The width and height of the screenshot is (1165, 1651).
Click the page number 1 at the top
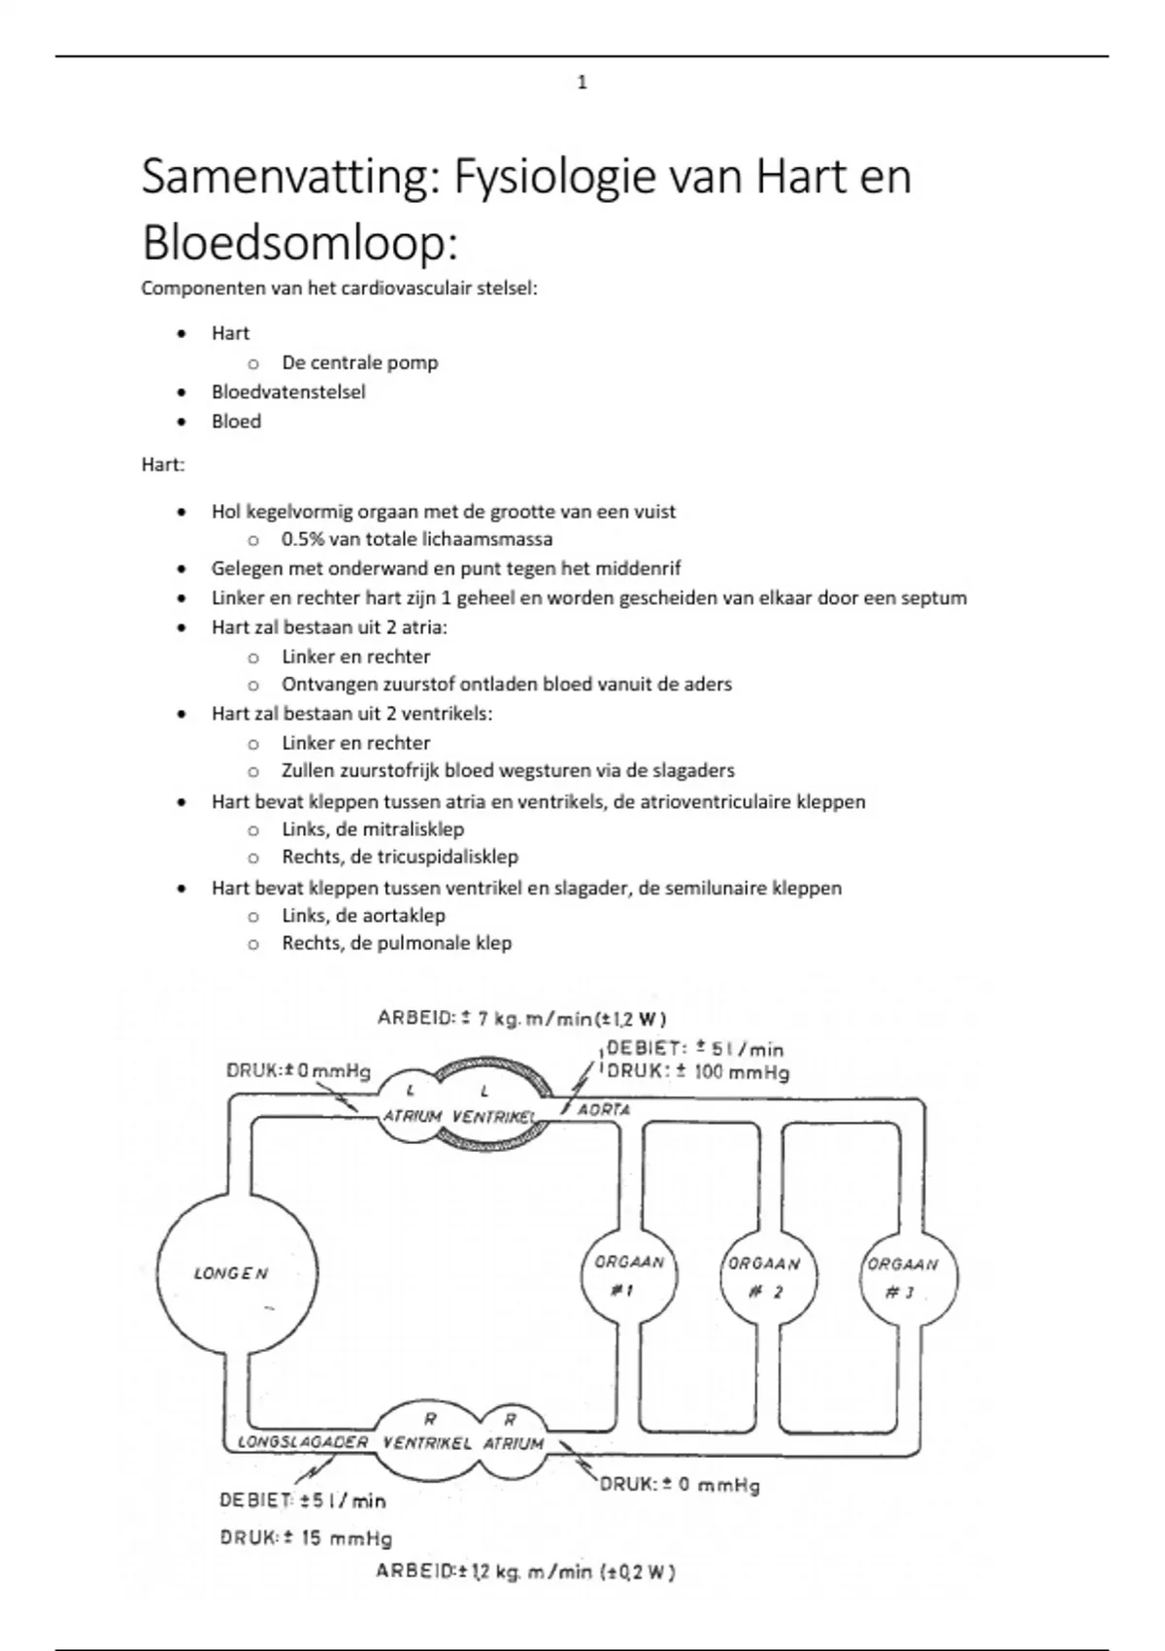point(582,83)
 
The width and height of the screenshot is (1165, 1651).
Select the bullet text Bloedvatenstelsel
point(288,392)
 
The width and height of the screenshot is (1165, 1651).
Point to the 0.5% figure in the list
point(303,539)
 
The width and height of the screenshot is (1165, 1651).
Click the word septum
point(934,598)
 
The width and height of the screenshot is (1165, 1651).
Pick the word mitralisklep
point(413,829)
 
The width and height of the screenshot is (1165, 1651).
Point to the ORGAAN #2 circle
point(764,1277)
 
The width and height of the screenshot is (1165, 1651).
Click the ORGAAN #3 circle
point(903,1278)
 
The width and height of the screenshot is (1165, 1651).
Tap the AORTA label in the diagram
point(604,1109)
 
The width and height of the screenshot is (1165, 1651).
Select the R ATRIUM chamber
point(513,1434)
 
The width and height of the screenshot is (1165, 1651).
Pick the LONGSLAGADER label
point(303,1442)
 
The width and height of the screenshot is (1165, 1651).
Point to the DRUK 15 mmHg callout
point(306,1538)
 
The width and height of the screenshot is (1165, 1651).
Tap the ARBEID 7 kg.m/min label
point(522,1018)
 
